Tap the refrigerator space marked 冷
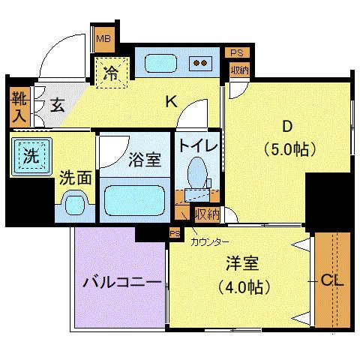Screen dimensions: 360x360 click(111, 73)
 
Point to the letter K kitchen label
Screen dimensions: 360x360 click(170, 103)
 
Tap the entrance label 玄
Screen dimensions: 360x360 click(57, 104)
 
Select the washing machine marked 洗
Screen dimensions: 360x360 click(29, 157)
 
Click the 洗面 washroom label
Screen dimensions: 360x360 click(75, 178)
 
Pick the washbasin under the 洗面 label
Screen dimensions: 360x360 click(76, 203)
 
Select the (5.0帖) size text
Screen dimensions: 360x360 click(289, 148)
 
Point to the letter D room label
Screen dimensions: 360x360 click(287, 124)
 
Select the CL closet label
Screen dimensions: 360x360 click(332, 281)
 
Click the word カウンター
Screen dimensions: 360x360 click(210, 241)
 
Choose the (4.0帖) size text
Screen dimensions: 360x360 click(243, 286)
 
